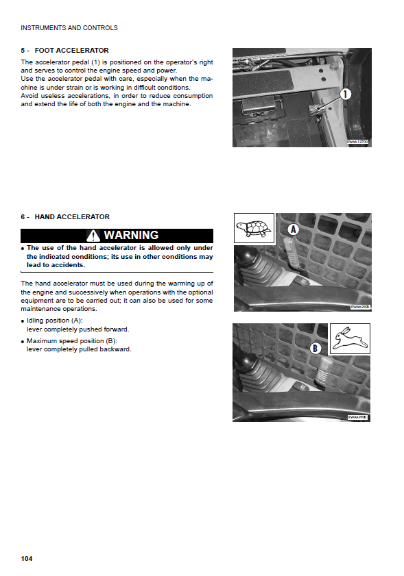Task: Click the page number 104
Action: point(27,558)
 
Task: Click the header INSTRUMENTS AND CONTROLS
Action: point(69,28)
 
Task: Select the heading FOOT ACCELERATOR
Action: point(72,50)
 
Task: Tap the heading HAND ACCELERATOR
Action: point(72,216)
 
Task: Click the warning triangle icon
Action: point(93,236)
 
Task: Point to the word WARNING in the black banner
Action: point(132,235)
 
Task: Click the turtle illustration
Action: point(254,228)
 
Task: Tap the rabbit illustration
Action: point(350,338)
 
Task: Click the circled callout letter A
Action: point(294,229)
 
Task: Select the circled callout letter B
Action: point(315,348)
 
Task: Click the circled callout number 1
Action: point(345,95)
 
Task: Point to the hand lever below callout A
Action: point(293,253)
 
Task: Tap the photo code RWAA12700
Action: point(357,142)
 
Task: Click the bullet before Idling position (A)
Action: point(23,321)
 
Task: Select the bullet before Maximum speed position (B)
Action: point(23,342)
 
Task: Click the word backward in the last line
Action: point(117,349)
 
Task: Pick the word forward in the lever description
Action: point(116,329)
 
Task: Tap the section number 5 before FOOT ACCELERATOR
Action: point(23,50)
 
